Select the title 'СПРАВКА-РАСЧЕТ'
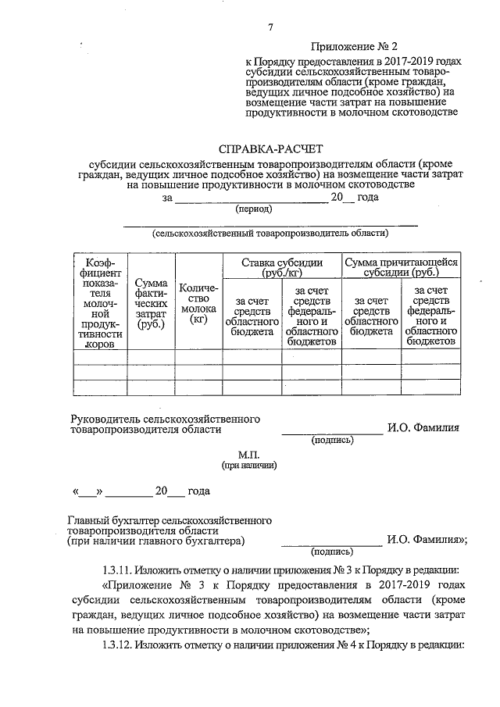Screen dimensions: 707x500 pos(270,148)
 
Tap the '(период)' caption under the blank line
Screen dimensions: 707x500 pos(254,209)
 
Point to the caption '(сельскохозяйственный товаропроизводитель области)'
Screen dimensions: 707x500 pos(270,233)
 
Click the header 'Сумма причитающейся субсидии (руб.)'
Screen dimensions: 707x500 pos(402,268)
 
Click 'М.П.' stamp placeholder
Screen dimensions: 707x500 pos(248,454)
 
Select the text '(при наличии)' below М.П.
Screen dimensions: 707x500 pos(248,466)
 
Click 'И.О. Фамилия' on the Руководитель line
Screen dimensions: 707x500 pos(423,428)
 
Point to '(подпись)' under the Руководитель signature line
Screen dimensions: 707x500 pos(332,440)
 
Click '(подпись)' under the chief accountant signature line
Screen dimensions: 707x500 pos(332,552)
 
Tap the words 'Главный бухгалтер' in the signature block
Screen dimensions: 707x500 pos(115,519)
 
